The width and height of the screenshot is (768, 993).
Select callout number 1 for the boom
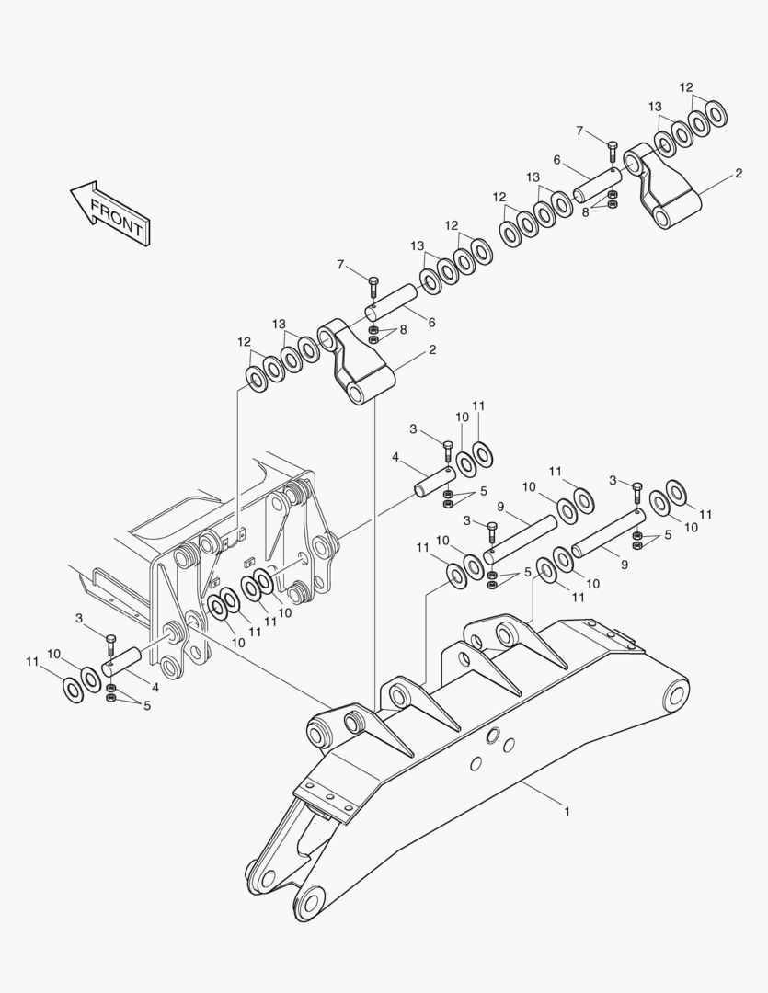567,812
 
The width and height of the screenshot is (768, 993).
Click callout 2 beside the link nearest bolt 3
432,349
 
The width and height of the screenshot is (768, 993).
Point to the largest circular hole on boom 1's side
494,736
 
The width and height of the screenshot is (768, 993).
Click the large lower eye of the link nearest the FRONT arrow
357,393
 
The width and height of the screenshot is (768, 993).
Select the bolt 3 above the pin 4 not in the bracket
448,449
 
